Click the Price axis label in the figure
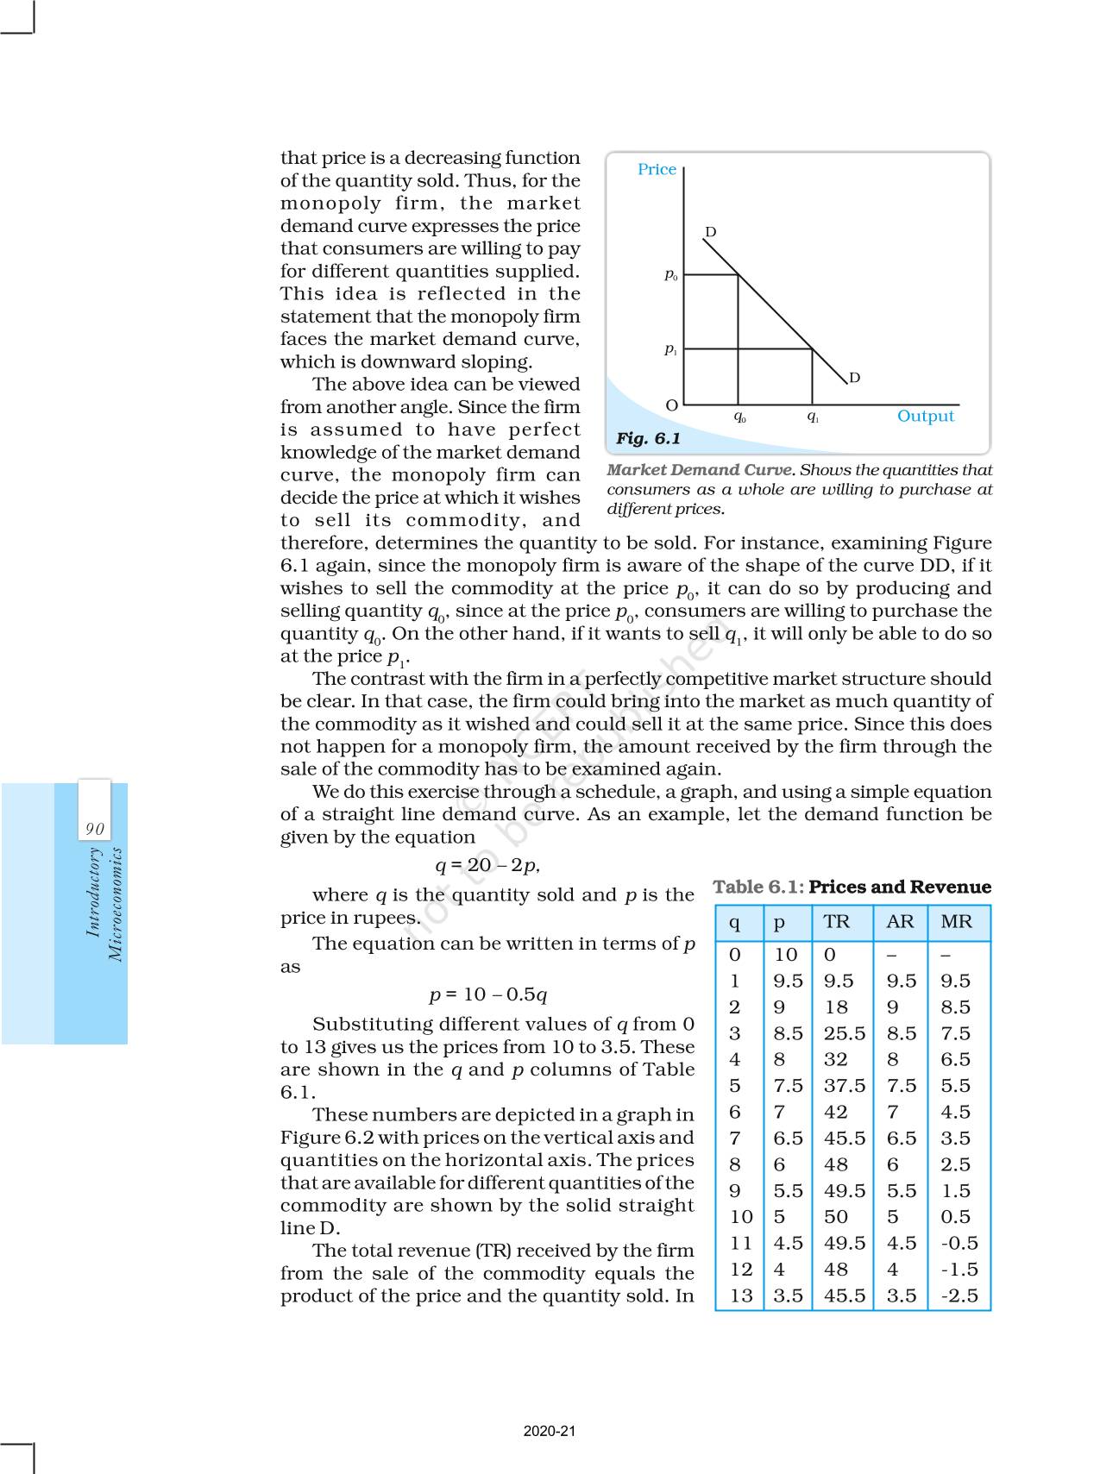(x=657, y=169)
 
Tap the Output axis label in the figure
(x=925, y=416)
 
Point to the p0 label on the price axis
(x=670, y=275)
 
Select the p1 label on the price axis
(x=670, y=349)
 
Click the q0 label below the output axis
(x=739, y=417)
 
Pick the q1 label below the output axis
(x=813, y=417)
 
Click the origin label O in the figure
(x=671, y=405)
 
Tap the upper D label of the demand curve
(x=710, y=232)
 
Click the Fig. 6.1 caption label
(x=648, y=438)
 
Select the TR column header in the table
(x=836, y=921)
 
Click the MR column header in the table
(x=956, y=921)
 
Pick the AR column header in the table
(x=900, y=921)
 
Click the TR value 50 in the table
(x=835, y=1217)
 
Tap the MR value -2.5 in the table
(x=959, y=1295)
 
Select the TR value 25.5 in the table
(x=844, y=1033)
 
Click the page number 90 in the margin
(x=94, y=829)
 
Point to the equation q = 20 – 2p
(x=487, y=865)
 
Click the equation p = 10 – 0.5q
(x=488, y=994)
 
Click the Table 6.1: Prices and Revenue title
(x=852, y=887)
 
